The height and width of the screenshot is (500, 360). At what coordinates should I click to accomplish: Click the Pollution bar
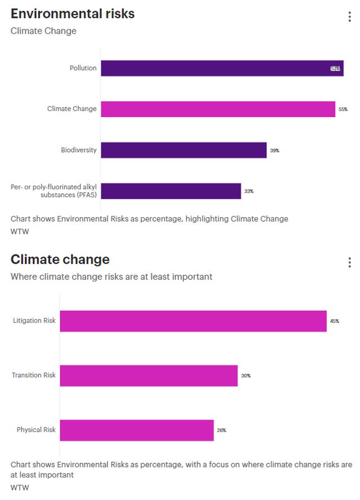[x=222, y=68]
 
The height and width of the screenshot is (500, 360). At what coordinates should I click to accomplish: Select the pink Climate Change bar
[x=218, y=109]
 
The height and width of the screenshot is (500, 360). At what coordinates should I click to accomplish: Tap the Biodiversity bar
[x=183, y=150]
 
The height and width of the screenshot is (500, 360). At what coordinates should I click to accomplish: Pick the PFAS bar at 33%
[x=171, y=191]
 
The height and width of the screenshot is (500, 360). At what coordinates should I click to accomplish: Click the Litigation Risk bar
[x=193, y=321]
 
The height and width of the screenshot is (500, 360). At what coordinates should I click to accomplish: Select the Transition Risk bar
[x=148, y=376]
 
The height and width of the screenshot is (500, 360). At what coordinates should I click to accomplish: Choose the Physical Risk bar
[x=137, y=430]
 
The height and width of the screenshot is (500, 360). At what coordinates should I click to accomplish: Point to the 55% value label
[x=343, y=109]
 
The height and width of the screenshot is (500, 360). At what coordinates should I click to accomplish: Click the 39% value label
[x=274, y=150]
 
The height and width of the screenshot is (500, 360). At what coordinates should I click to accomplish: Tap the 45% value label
[x=335, y=321]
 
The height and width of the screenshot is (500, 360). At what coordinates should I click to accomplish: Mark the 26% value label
[x=222, y=430]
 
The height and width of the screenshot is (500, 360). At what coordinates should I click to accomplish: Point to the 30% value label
[x=246, y=376]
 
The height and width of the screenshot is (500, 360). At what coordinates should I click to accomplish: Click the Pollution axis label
[x=83, y=68]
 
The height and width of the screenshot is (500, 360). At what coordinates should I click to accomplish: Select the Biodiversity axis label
[x=79, y=150]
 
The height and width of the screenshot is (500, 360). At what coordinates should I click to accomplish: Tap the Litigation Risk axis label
[x=34, y=321]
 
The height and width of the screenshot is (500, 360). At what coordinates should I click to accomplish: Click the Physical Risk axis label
[x=36, y=430]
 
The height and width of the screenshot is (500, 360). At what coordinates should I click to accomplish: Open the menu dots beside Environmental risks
[x=350, y=16]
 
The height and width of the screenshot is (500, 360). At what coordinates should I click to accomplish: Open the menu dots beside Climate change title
[x=350, y=262]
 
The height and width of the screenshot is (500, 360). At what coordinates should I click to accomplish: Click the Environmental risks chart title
[x=73, y=14]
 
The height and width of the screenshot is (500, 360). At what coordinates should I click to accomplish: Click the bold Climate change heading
[x=60, y=260]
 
